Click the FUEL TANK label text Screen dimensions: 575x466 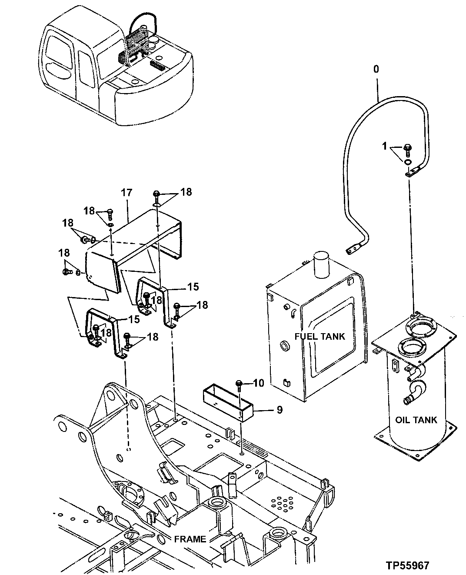tap(320, 336)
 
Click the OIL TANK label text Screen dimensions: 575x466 tap(416, 420)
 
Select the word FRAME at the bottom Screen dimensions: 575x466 tap(190, 539)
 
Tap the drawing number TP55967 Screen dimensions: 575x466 tap(407, 565)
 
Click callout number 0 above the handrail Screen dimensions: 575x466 tap(376, 69)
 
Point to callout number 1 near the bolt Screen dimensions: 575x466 tap(384, 147)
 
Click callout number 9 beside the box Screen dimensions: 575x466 tap(279, 409)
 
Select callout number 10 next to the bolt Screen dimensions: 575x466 tap(258, 383)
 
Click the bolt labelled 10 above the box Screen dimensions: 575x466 tap(239, 383)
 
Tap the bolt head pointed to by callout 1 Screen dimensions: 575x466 tap(408, 148)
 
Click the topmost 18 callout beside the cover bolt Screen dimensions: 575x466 tap(186, 192)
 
